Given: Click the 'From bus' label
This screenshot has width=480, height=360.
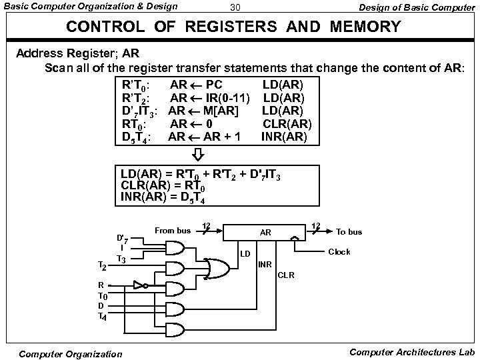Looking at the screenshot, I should coord(173,231).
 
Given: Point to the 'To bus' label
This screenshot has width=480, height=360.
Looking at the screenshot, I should coord(349,232).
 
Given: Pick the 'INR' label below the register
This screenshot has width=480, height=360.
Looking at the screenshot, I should coord(265,265).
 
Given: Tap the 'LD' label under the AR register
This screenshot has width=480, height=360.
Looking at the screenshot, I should coord(245,254).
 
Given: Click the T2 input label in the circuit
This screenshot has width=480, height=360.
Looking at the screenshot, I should coord(102,266).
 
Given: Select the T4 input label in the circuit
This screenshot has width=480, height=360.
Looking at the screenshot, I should coord(103,317).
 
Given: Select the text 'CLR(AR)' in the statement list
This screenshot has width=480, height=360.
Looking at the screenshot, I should coord(287,123).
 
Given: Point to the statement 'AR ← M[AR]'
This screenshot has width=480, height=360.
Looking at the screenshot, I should coord(203,111).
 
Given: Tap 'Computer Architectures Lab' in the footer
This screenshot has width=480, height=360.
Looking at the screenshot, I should coord(409,351).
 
